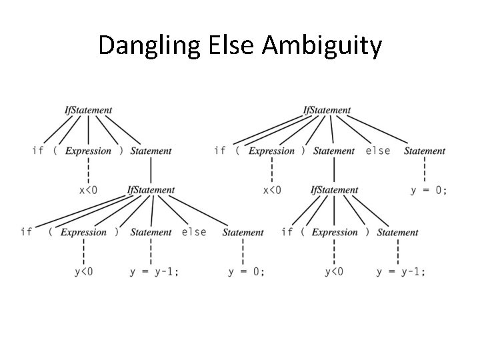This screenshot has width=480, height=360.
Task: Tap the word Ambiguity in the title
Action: pos(323,46)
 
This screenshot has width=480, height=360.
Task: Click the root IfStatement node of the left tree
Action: pos(88,110)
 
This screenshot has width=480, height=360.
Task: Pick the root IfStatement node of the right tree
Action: pos(327,110)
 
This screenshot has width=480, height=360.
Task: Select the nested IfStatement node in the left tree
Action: pos(151,190)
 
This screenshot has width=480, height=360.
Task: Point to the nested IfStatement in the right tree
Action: pos(334,190)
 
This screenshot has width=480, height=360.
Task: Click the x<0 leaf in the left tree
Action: pos(88,190)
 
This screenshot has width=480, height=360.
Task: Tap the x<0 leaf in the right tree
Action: pos(272,190)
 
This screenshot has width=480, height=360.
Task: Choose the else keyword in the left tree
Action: pos(194,232)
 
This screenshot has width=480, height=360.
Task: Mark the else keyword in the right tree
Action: pos(378,151)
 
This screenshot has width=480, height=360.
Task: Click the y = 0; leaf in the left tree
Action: pos(246,271)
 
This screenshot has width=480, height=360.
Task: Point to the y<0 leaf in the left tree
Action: pos(83,271)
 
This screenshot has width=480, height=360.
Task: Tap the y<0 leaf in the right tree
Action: pos(334,271)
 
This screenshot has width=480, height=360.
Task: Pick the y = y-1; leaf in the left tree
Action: pos(155,271)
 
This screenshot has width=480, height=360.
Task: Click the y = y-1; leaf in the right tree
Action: pos(401,271)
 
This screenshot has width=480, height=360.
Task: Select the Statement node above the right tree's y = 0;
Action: pos(425,151)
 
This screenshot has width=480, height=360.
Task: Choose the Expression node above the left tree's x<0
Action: pos(88,151)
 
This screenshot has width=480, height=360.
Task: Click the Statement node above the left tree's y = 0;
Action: pos(243,233)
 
